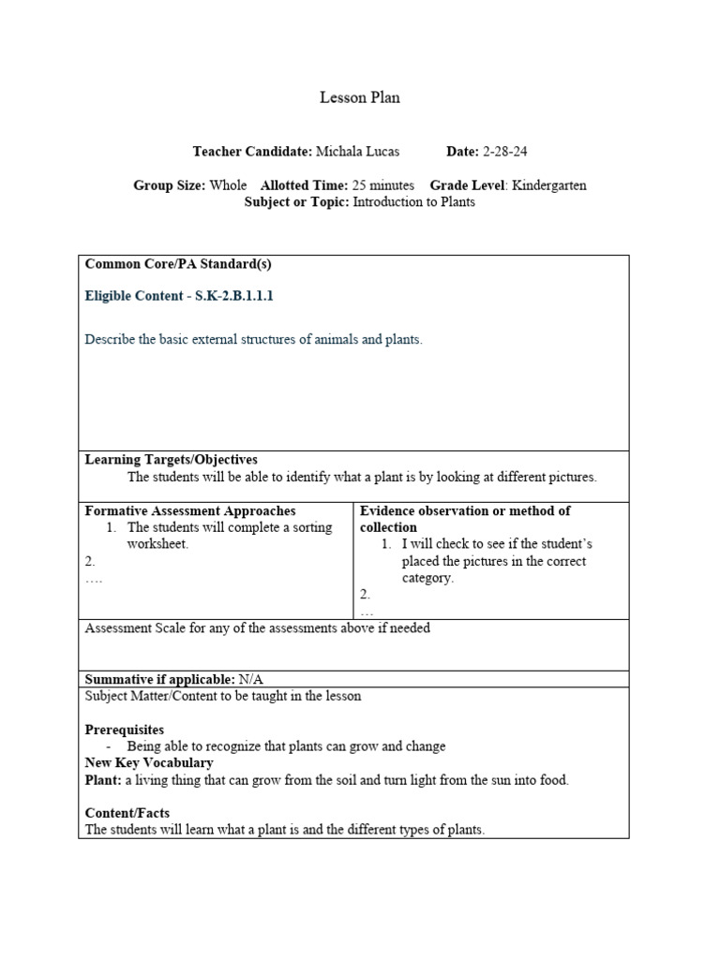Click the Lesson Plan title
[x=360, y=97]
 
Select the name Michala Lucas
[x=357, y=151]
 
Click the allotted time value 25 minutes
[x=383, y=185]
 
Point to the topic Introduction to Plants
[x=413, y=202]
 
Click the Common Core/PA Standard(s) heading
[x=178, y=264]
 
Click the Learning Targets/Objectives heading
[x=171, y=460]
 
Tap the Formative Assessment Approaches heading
[x=190, y=511]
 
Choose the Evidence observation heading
[x=465, y=511]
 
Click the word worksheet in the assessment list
[x=157, y=544]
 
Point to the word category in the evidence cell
[x=427, y=578]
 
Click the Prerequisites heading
[x=125, y=730]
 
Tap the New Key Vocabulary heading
[x=149, y=763]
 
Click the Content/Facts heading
[x=127, y=813]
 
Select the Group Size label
[x=169, y=185]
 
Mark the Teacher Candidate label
[x=252, y=151]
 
